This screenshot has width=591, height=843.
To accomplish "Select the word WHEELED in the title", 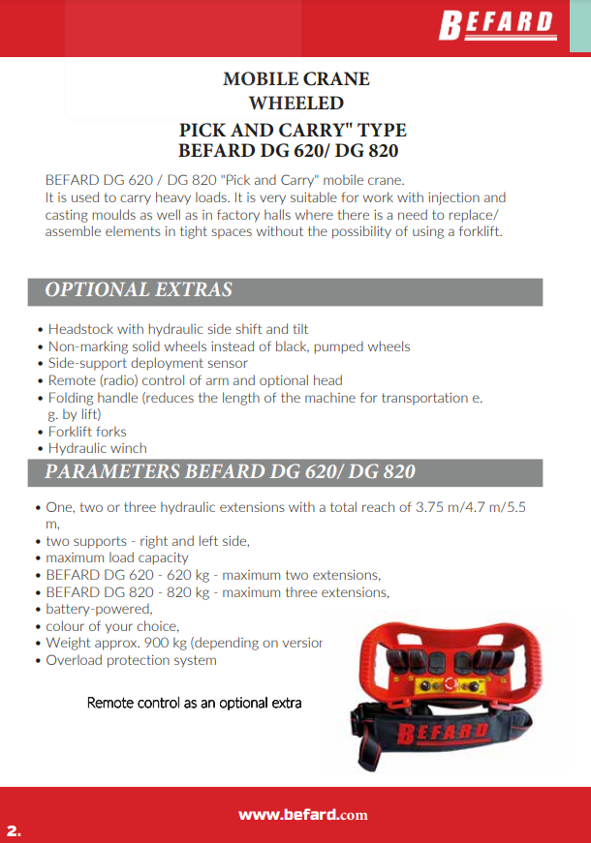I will (295, 103).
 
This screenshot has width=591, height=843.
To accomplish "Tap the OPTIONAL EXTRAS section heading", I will (139, 290).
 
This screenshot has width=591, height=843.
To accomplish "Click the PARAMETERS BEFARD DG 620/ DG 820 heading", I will (230, 472).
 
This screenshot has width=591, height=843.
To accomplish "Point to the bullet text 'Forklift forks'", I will (87, 432).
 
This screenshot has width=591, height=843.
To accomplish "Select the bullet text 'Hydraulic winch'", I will (97, 448).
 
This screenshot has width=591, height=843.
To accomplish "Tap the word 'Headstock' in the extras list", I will (80, 329).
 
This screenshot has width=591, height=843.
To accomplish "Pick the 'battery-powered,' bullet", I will (99, 609).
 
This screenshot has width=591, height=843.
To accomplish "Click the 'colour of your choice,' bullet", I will (111, 626).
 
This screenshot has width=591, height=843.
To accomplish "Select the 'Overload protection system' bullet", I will (131, 660).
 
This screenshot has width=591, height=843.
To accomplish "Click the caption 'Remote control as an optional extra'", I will (194, 703).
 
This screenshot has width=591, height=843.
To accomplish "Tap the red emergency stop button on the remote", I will (448, 683).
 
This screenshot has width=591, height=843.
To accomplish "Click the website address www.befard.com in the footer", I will (302, 815).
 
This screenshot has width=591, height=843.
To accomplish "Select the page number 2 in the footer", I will (14, 830).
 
